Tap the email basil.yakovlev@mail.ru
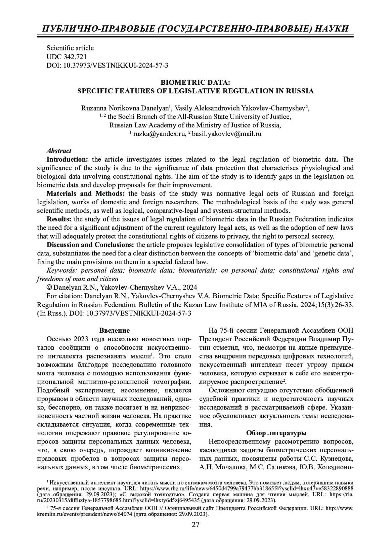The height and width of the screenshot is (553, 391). coord(227,134)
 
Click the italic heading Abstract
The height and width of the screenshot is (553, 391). coord(59,151)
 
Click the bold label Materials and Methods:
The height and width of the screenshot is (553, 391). coord(88,194)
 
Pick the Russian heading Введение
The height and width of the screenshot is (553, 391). coord(114,330)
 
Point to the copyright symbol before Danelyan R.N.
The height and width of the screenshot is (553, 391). coord(49,287)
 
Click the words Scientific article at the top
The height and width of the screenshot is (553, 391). coord(70,48)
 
